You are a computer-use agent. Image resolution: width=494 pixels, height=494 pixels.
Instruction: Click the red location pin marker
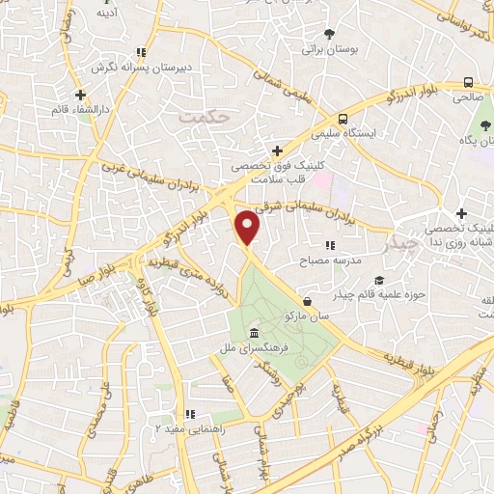[250, 227]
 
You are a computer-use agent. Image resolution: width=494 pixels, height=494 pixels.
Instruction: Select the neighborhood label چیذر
[401, 242]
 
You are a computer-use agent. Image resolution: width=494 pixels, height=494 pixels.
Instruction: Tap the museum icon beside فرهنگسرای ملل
[254, 334]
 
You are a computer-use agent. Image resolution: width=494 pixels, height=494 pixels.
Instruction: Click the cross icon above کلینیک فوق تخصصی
[278, 150]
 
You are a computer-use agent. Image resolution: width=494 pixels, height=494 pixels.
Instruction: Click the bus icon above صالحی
[468, 83]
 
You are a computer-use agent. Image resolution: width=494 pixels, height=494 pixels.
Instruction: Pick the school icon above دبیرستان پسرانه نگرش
[141, 53]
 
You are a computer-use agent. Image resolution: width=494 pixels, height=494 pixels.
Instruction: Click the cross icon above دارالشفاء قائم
[81, 96]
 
